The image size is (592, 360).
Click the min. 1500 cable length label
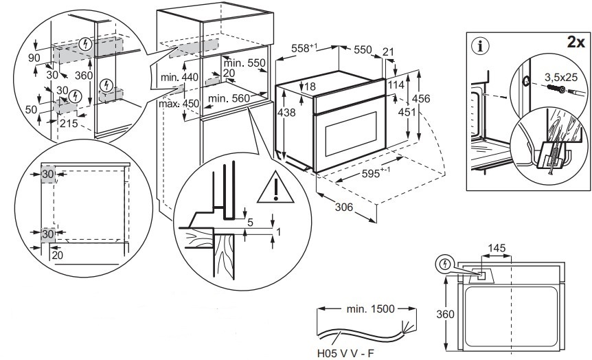pos(372,309)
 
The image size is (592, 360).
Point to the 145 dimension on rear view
pos(498,247)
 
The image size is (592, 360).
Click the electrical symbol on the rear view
pos(446,264)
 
